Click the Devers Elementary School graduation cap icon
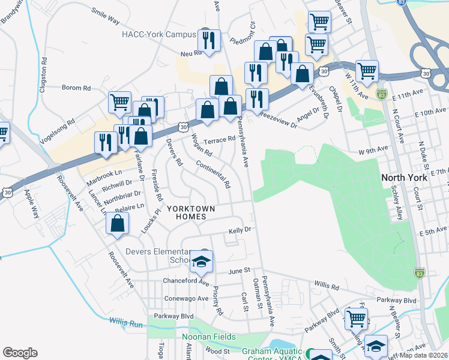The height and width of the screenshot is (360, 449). point(201,260)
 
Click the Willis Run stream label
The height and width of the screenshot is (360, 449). point(126,322)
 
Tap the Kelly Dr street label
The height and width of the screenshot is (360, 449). point(238,230)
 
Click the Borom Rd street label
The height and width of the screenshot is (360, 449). point(76,88)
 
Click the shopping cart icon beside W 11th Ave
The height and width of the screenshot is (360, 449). point(367,71)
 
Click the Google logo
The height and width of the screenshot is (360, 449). point(20,353)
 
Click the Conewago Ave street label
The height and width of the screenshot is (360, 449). point(186,298)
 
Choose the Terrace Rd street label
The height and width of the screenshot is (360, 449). point(219,139)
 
